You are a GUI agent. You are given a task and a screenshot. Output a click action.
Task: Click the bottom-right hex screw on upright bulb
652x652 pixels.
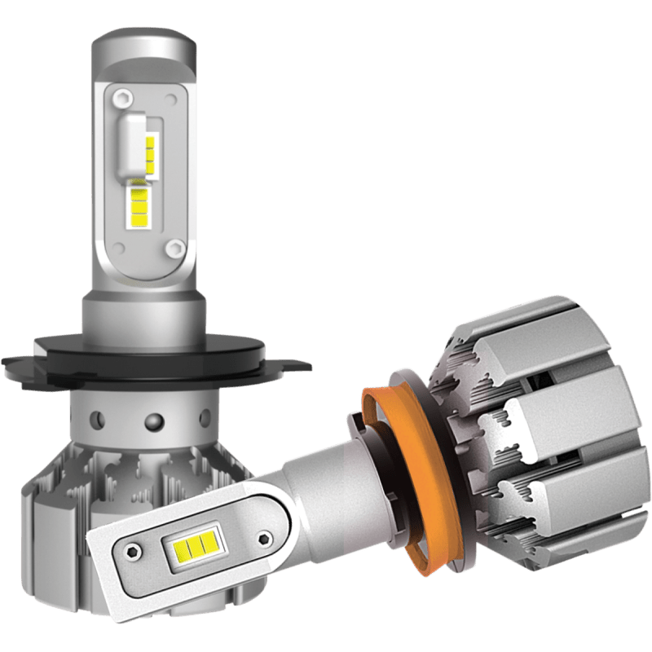173,247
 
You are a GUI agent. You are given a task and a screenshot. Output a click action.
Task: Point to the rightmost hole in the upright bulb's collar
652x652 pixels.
203,416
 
